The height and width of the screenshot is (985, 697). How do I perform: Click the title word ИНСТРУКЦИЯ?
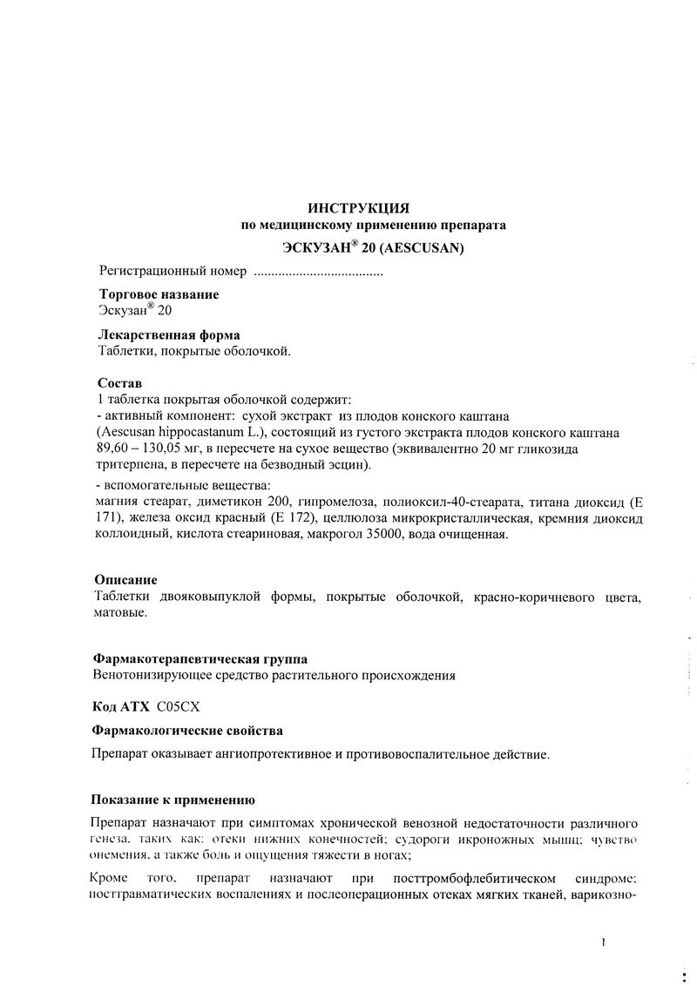pyautogui.click(x=358, y=207)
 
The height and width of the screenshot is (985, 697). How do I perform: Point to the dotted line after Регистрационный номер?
pyautogui.click(x=317, y=273)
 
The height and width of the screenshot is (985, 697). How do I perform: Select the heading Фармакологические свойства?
pyautogui.click(x=186, y=730)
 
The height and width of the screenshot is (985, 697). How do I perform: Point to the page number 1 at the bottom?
pyautogui.click(x=602, y=941)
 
